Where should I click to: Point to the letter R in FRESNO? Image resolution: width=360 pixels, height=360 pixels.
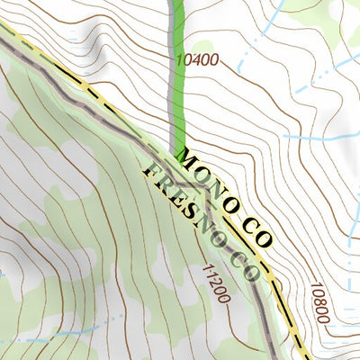point(166,185)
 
